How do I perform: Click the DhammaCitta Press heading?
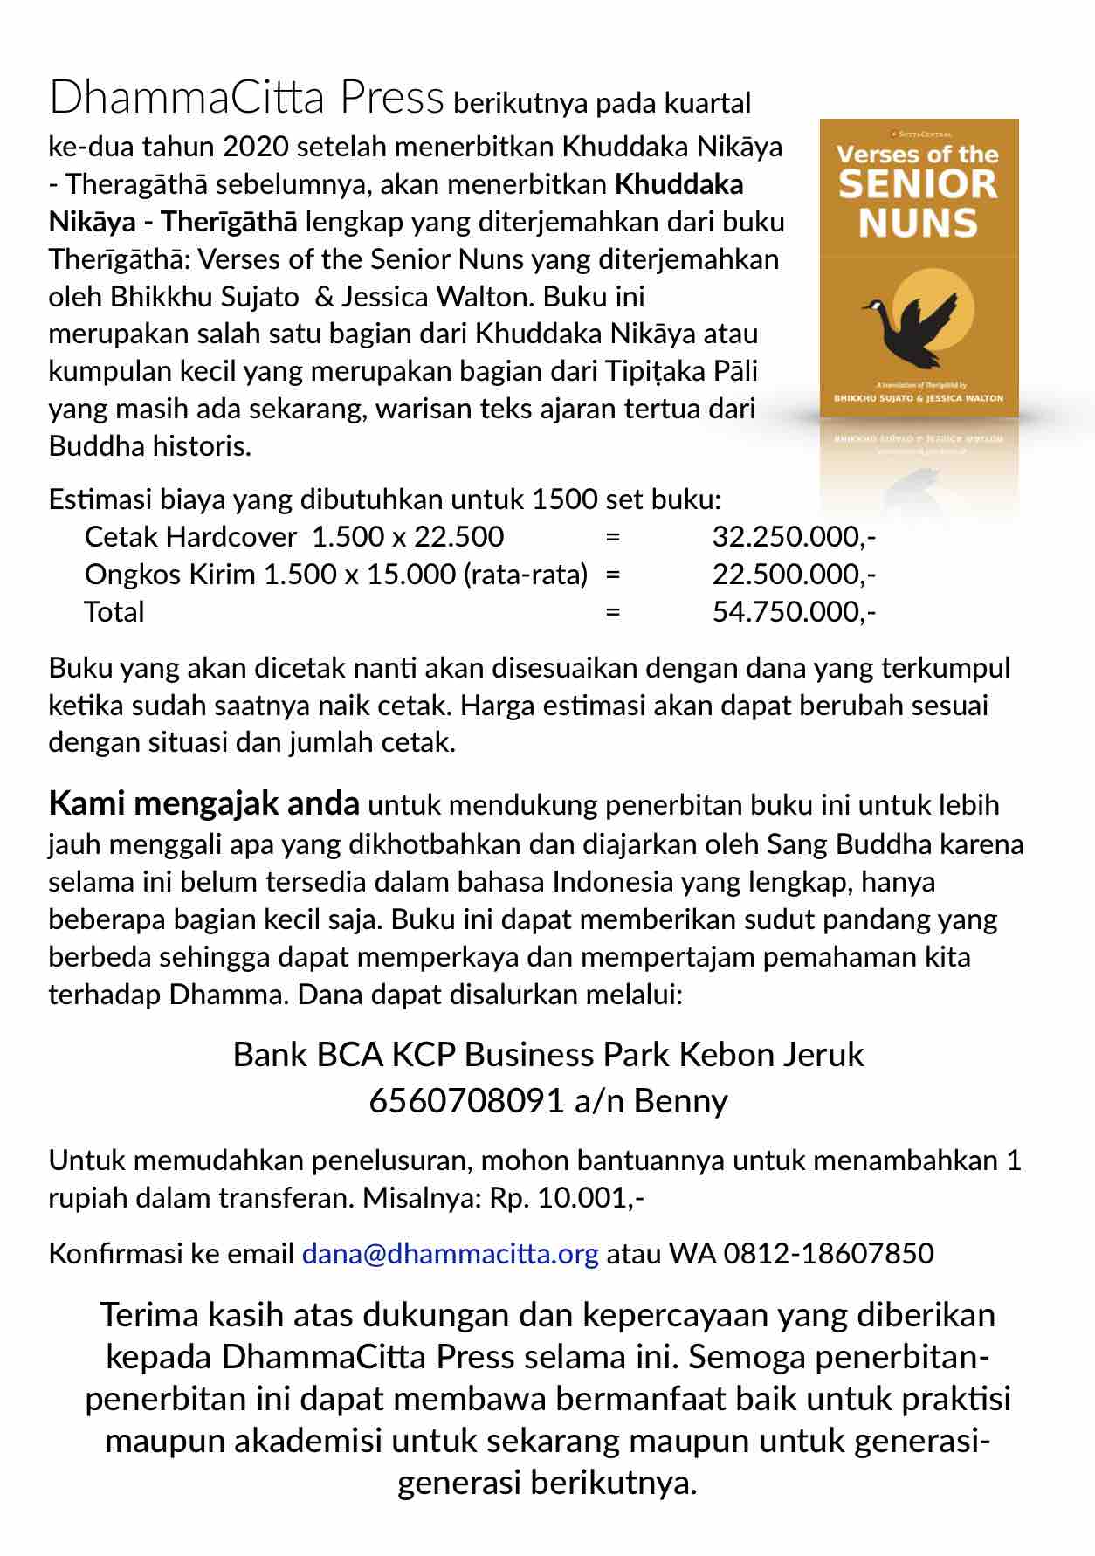[246, 98]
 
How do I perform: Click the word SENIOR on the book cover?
[917, 185]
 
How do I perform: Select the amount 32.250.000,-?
[794, 536]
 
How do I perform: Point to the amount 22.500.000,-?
[794, 574]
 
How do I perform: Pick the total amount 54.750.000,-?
[794, 611]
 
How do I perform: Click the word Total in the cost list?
[114, 611]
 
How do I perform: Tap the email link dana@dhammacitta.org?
[450, 1253]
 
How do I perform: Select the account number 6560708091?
[466, 1100]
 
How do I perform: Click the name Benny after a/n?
[680, 1100]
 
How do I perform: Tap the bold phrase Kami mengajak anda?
[203, 802]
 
